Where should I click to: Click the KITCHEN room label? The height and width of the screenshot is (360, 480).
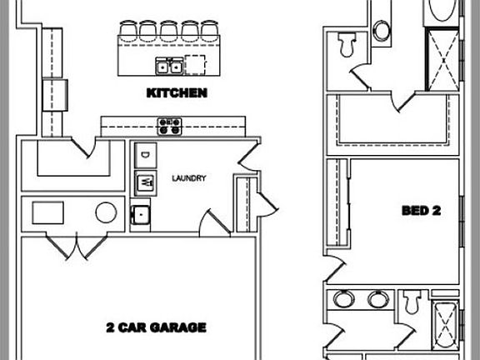[177, 93]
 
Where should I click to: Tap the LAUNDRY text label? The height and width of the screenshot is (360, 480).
[189, 178]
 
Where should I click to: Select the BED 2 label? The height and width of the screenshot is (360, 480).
[421, 211]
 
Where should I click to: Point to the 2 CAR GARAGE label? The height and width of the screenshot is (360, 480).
[156, 327]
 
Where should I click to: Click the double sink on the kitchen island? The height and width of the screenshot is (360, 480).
[169, 66]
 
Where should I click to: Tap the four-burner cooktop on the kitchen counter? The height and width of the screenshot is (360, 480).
[170, 127]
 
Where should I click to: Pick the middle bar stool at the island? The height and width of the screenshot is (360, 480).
[168, 31]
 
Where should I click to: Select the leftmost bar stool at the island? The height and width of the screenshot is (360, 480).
[128, 31]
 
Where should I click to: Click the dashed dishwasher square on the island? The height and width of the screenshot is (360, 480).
[195, 65]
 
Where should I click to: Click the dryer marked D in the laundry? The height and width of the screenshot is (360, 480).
[146, 155]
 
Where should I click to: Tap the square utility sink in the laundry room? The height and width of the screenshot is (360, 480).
[141, 215]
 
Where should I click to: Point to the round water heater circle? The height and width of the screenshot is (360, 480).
[106, 212]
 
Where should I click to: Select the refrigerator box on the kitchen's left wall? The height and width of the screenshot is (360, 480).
[55, 95]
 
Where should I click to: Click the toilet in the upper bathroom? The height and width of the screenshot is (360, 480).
[347, 45]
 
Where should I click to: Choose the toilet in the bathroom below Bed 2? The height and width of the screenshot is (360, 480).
[412, 302]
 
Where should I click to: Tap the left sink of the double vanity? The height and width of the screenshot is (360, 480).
[344, 299]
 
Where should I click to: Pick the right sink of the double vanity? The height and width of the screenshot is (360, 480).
[378, 299]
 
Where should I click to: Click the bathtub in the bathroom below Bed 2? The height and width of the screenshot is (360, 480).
[445, 325]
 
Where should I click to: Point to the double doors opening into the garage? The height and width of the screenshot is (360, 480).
[77, 246]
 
